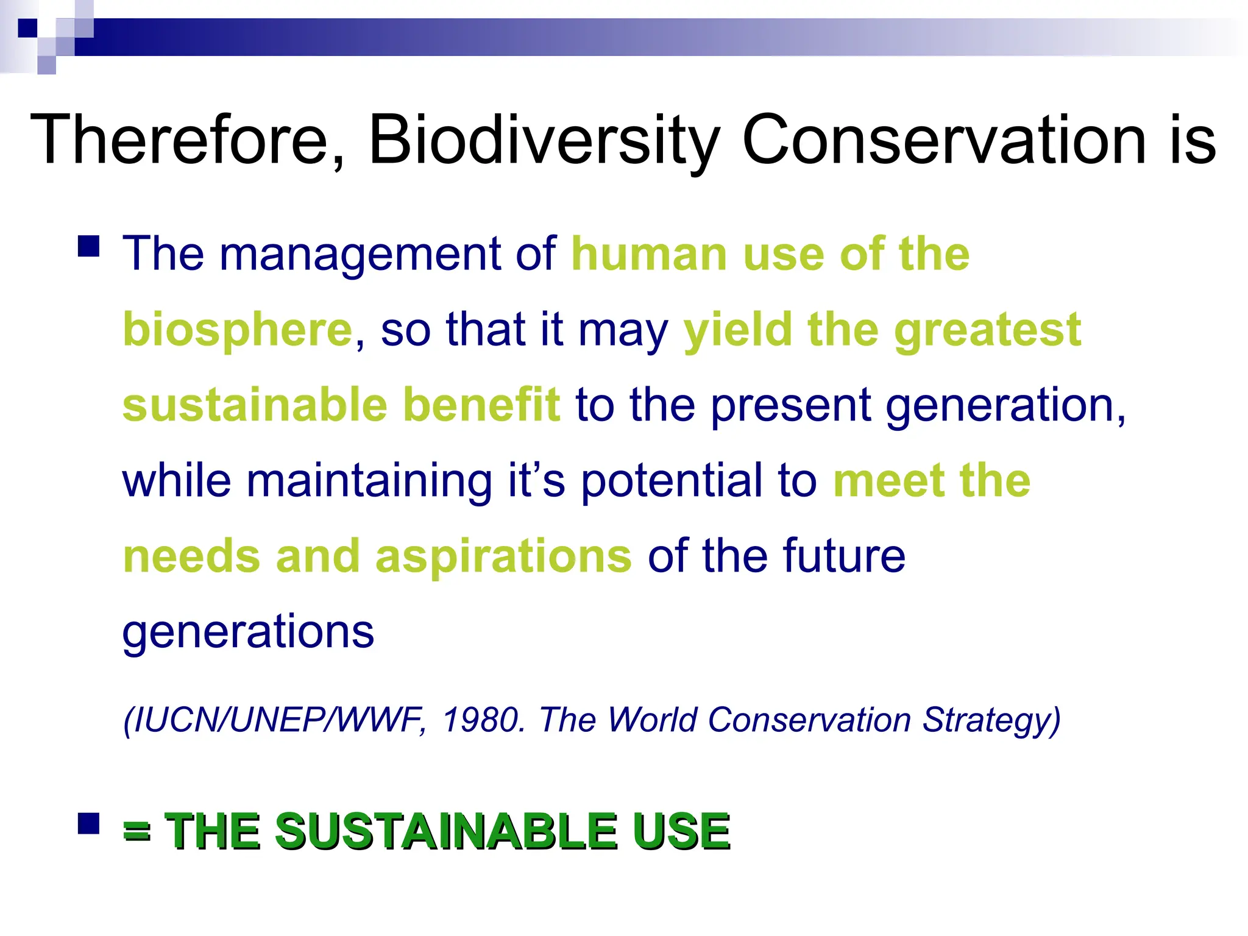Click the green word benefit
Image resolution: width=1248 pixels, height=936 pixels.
click(481, 405)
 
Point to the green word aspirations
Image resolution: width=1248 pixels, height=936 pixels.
click(503, 557)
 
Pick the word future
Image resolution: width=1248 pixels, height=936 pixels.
click(844, 556)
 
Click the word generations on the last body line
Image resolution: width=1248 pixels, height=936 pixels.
click(248, 633)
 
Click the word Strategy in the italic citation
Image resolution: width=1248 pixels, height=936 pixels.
click(991, 721)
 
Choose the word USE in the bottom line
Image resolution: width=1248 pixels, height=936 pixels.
click(681, 831)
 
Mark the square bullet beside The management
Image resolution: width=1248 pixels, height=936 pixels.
click(89, 247)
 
